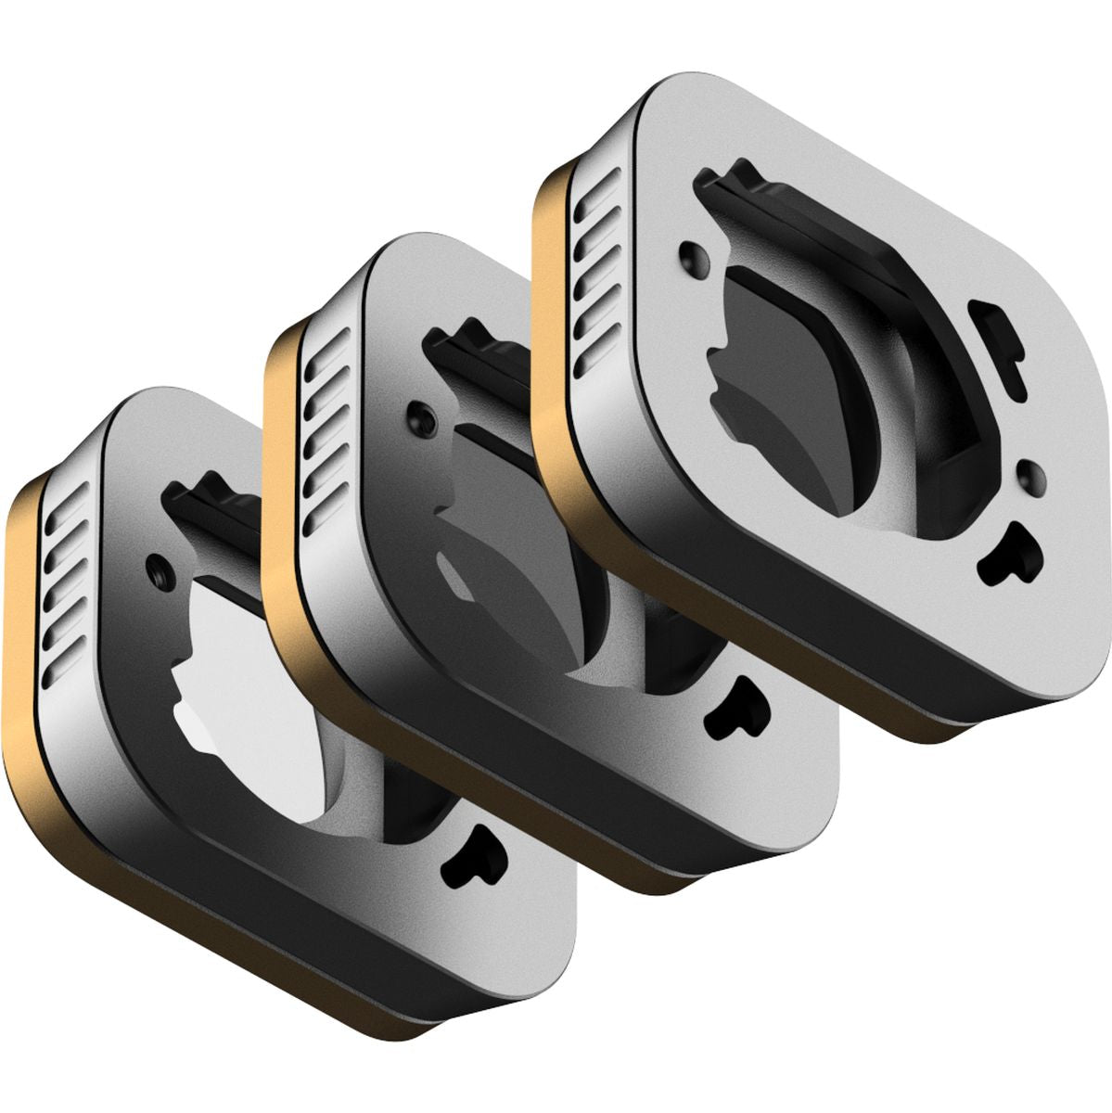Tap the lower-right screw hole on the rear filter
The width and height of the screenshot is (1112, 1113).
1029,474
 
